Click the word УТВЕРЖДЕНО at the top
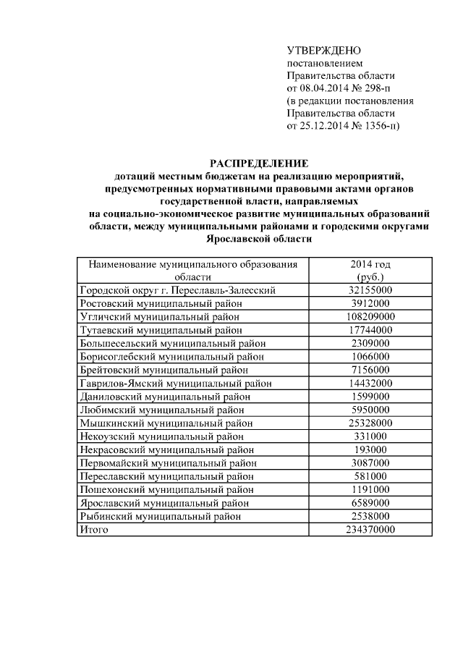pyautogui.click(x=323, y=51)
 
